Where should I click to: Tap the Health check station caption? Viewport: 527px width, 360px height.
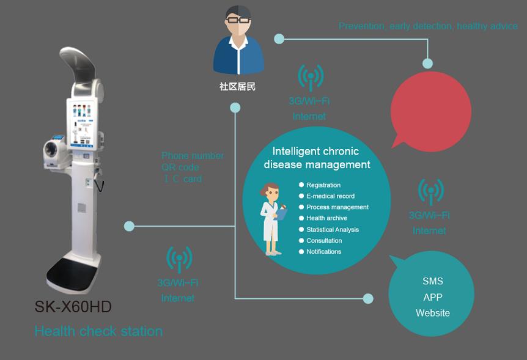[98, 331]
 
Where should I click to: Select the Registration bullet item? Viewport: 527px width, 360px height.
[323, 185]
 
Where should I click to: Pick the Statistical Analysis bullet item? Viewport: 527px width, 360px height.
[333, 230]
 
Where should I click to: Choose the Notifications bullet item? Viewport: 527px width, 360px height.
[324, 252]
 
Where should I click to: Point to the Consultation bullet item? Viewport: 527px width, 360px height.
[324, 241]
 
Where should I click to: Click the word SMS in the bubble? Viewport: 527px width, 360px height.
[433, 282]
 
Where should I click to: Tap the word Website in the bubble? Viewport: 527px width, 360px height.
[433, 313]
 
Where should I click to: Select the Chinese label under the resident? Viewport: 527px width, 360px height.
[237, 87]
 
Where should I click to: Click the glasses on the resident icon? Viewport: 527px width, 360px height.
[238, 21]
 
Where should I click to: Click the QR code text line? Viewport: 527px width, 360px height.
[180, 167]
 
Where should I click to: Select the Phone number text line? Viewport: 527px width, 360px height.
[193, 156]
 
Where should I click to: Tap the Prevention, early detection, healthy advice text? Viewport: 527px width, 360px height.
[428, 26]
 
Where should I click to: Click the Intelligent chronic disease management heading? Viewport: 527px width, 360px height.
[317, 158]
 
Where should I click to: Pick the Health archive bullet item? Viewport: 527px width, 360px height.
[326, 218]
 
